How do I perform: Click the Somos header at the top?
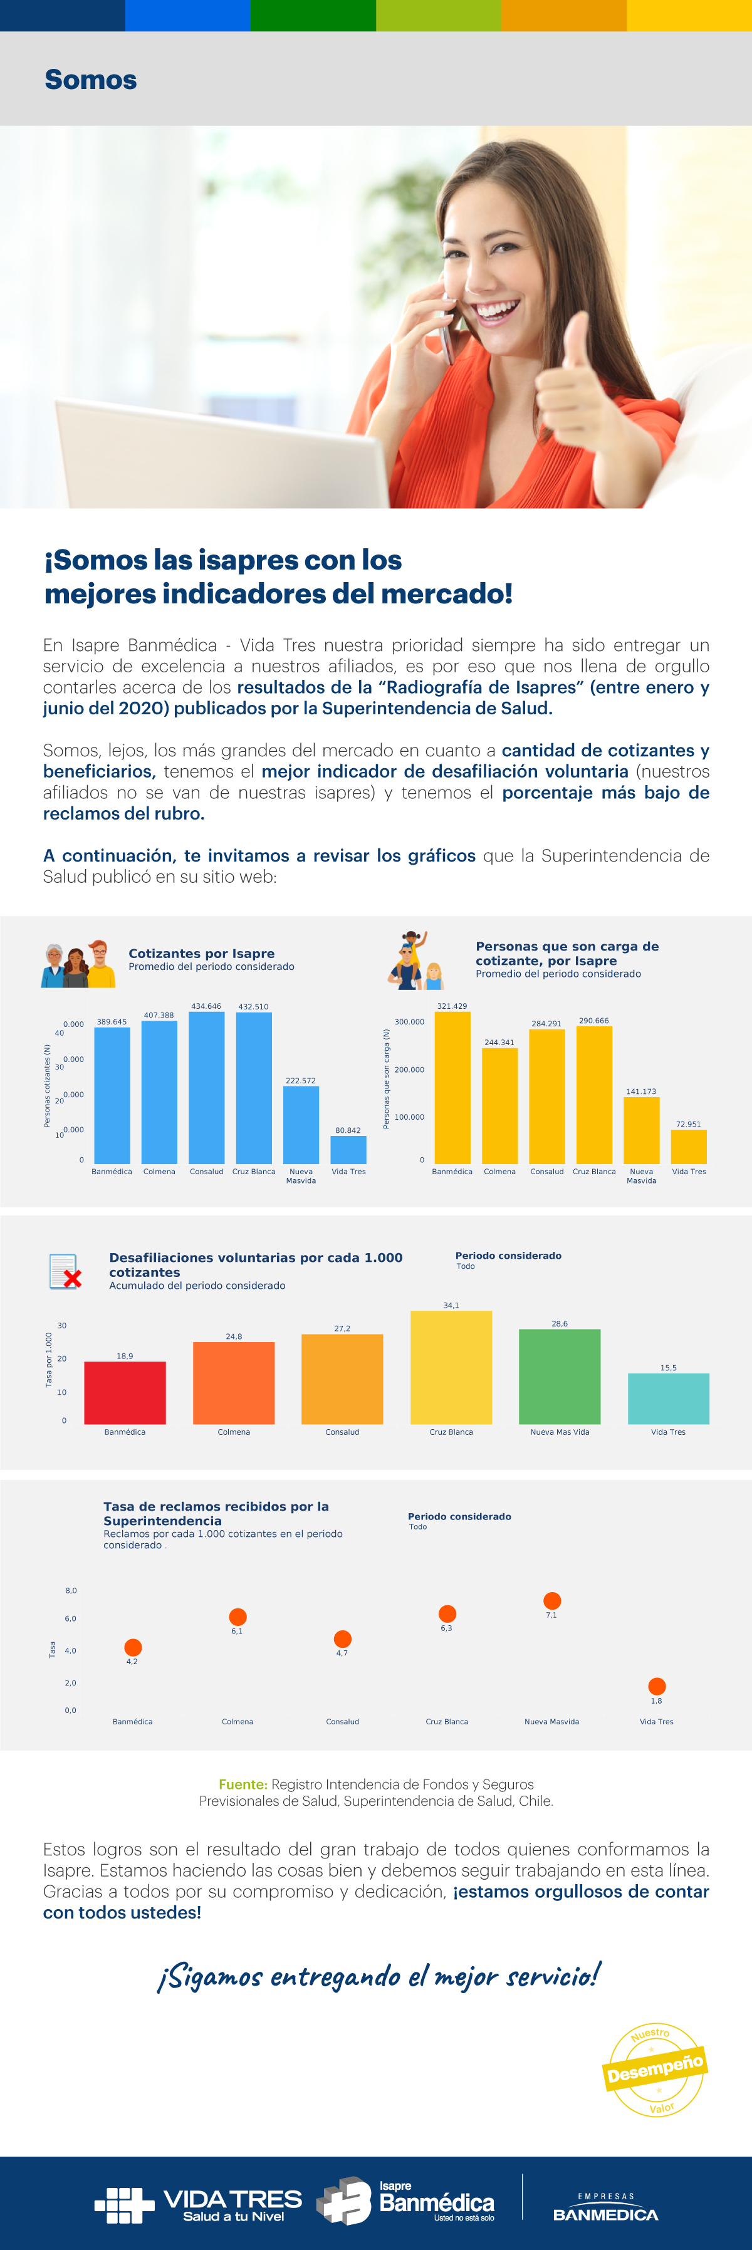pos(91,80)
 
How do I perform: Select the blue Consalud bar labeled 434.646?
pos(206,1088)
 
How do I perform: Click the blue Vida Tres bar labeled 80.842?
pos(348,1150)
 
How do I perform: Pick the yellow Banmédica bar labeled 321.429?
pos(452,1088)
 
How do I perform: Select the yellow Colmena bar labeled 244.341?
pos(499,1106)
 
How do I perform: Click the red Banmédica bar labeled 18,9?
pos(125,1392)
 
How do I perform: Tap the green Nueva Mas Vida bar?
pos(560,1377)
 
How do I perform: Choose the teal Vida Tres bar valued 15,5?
pos(668,1398)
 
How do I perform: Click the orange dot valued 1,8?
pos(657,1685)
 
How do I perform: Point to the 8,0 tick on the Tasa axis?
pos(71,1591)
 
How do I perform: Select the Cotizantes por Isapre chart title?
pos(202,954)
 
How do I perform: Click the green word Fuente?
pos(243,1784)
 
